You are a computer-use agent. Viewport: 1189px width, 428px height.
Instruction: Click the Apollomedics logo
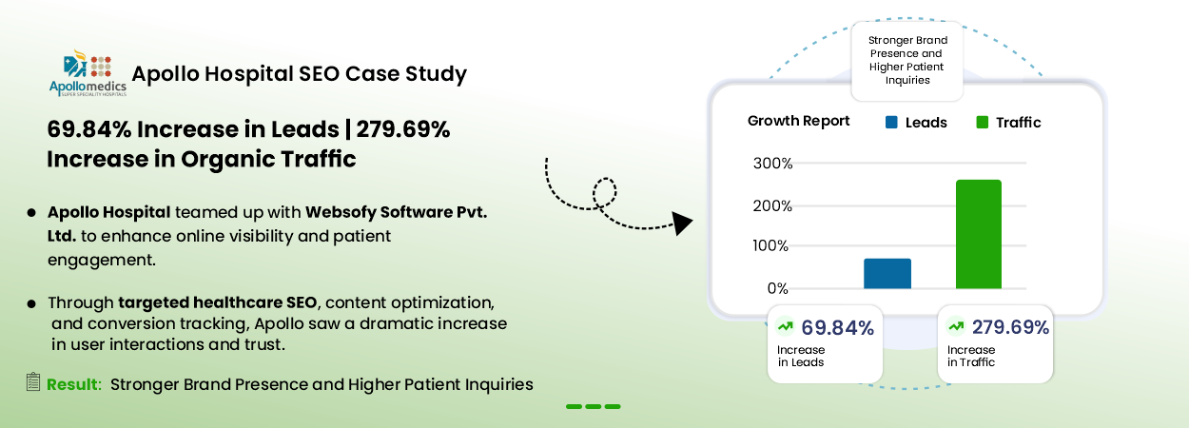click(x=88, y=73)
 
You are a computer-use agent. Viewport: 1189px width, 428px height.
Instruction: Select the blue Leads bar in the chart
click(x=887, y=274)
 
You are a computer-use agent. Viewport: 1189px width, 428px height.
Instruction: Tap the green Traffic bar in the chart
click(x=979, y=234)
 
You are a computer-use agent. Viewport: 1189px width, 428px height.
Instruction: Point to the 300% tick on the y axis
click(x=772, y=163)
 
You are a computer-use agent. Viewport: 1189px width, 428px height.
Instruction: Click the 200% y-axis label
click(x=772, y=205)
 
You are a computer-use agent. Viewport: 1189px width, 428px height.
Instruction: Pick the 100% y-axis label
click(x=770, y=245)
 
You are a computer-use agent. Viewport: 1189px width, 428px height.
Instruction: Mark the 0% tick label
click(x=778, y=288)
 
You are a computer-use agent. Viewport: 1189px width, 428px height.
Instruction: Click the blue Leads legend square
click(x=892, y=122)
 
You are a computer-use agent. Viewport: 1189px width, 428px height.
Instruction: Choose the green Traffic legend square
click(x=983, y=122)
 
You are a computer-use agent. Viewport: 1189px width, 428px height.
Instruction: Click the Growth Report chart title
click(x=798, y=121)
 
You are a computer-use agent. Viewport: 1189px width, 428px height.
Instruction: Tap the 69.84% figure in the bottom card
click(x=838, y=327)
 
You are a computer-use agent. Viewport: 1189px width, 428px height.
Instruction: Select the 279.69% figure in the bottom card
click(x=1010, y=327)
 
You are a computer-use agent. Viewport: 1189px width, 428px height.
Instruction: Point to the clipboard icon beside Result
click(x=33, y=381)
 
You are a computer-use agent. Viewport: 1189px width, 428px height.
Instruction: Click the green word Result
click(x=74, y=384)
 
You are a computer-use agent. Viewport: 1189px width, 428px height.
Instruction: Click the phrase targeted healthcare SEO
click(x=218, y=302)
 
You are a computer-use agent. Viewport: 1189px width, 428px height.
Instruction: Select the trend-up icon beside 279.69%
click(x=956, y=325)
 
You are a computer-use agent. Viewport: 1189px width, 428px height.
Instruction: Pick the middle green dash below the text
click(x=594, y=407)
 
